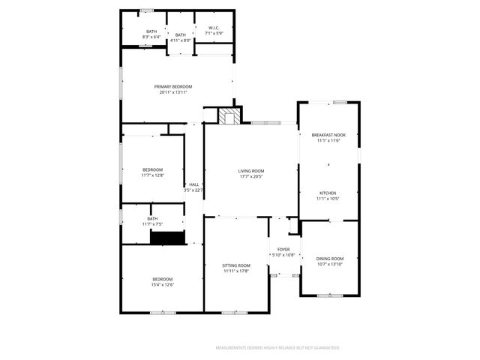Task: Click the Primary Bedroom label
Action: coord(173,87)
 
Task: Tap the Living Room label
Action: coord(251,171)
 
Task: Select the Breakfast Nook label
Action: coord(328,135)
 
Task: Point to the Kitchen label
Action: coord(328,193)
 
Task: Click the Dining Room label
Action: coord(329,258)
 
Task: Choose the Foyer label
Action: coord(283,249)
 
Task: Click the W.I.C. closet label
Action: coord(214,29)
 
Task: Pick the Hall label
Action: coord(193,184)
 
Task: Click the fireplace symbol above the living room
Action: coord(229,116)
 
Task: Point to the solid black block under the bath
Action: coord(167,238)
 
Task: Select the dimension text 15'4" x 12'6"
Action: coord(162,285)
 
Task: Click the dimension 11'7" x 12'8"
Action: coord(152,175)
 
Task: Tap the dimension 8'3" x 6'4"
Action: coord(151,36)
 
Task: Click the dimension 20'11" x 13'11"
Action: coord(173,92)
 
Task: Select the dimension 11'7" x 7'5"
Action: coord(152,224)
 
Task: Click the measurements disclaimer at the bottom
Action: coord(278,348)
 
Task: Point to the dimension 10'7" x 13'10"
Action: coord(329,264)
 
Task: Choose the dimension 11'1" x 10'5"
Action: coord(328,199)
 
